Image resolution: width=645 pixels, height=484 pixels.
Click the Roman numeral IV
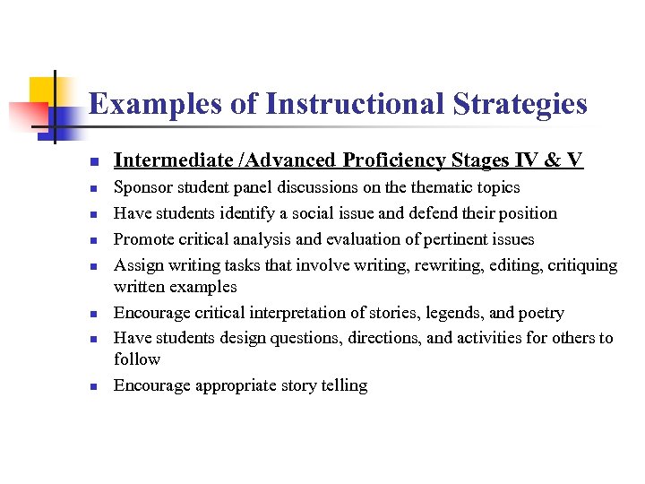coord(526,160)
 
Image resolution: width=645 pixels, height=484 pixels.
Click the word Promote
coord(144,239)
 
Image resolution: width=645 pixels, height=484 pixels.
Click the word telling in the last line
coord(342,385)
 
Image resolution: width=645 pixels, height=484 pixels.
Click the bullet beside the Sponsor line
coord(93,189)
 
